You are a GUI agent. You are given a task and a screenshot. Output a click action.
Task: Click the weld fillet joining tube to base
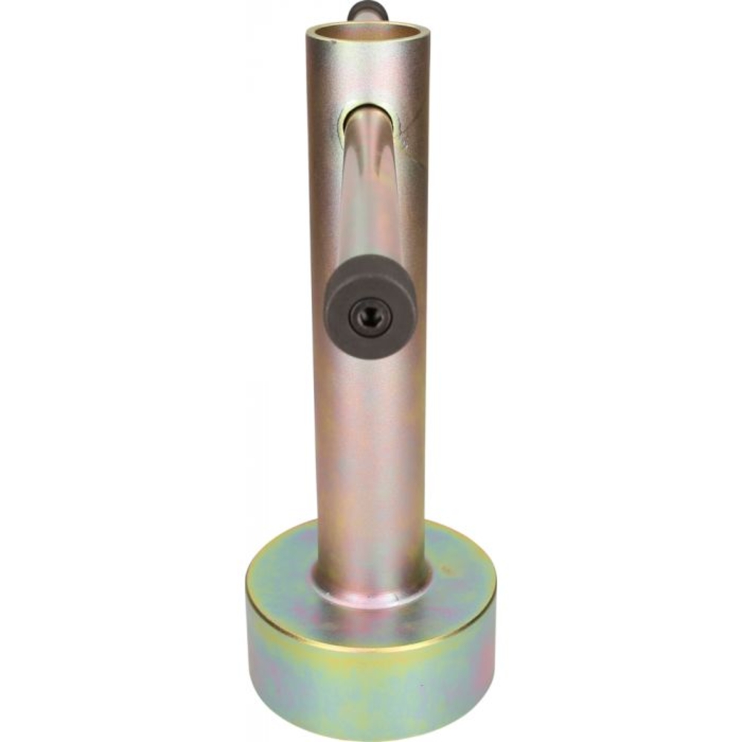tap(371, 590)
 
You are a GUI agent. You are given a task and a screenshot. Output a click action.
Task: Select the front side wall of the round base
tap(371, 683)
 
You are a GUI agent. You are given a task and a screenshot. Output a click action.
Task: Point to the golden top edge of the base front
tap(371, 646)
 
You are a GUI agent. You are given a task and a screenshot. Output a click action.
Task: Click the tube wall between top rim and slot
tap(367, 74)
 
